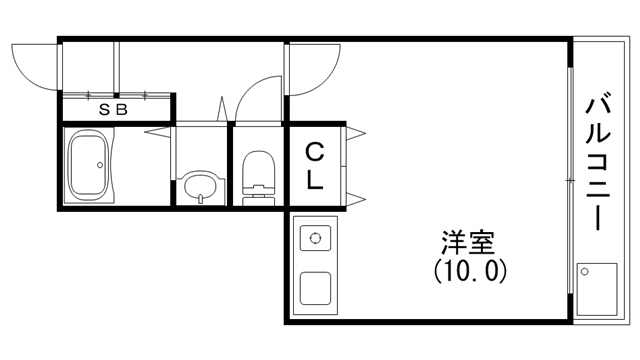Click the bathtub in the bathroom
pyautogui.click(x=88, y=165)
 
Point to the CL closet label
pyautogui.click(x=314, y=167)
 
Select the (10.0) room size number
pyautogui.click(x=471, y=269)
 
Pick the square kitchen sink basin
pyautogui.click(x=317, y=287)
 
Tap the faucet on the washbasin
pyautogui.click(x=201, y=198)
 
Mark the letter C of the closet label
pyautogui.click(x=314, y=153)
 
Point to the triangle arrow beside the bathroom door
pyautogui.click(x=155, y=130)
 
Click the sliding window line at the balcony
pyautogui.click(x=571, y=180)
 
